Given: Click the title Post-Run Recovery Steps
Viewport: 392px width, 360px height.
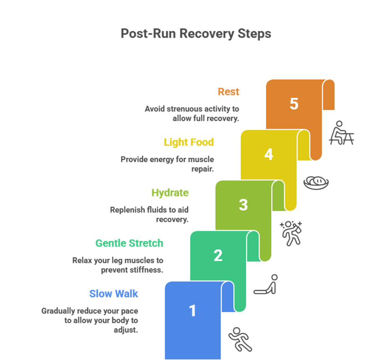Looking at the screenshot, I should click(196, 33).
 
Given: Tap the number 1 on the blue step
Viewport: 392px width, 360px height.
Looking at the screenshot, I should click(192, 311).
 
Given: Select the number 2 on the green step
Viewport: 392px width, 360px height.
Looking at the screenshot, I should click(218, 255).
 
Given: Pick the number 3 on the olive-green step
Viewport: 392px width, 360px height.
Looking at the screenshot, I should click(243, 205).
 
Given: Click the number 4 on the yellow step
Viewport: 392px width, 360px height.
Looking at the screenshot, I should click(268, 154).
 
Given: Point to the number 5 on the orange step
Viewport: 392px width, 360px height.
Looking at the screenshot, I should click(294, 104).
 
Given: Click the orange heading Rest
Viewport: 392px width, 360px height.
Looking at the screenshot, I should click(228, 91).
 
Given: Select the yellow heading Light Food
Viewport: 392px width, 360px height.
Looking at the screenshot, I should click(189, 142).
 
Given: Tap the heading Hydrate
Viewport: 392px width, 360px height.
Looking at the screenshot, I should click(170, 193).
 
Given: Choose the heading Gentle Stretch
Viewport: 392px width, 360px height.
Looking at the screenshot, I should click(129, 243).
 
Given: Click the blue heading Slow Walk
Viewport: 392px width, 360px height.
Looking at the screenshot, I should click(113, 293).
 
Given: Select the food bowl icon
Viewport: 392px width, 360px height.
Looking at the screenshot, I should click(316, 183).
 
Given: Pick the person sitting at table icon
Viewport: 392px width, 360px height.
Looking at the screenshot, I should click(341, 133).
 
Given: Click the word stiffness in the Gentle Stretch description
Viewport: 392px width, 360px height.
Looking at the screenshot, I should click(147, 270).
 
